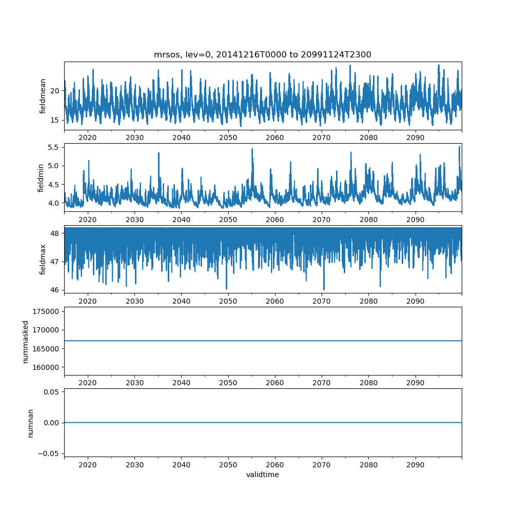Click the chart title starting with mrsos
[263, 54]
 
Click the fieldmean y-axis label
[43, 96]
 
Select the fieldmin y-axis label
[41, 177]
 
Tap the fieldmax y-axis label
[43, 259]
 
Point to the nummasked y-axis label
[25, 341]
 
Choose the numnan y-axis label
[30, 423]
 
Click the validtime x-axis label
[263, 475]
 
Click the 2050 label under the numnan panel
[228, 464]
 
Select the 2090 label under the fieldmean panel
[415, 137]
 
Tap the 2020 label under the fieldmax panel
[88, 301]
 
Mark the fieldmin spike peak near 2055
[252, 149]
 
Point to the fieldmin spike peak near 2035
[159, 153]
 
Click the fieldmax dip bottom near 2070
[324, 289]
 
